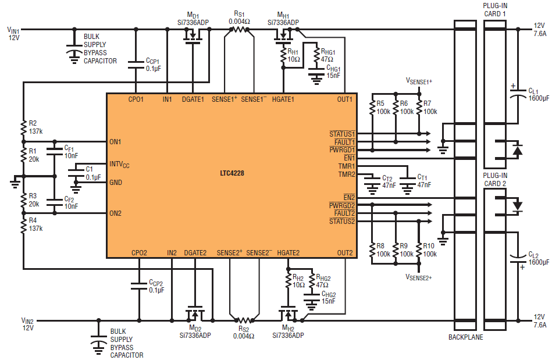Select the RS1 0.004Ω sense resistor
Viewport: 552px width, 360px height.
(239, 29)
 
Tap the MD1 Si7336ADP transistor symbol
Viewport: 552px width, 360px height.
(192, 37)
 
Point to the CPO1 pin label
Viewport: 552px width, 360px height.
(136, 99)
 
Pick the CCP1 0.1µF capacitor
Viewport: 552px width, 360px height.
(136, 65)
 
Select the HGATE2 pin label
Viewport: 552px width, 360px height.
(289, 252)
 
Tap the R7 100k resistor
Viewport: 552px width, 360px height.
(418, 107)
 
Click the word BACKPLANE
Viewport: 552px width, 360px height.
(466, 337)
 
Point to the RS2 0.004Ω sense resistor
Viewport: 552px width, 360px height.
(244, 320)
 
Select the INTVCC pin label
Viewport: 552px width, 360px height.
(120, 165)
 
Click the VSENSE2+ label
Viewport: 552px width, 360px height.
(419, 277)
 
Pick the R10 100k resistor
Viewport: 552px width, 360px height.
(419, 250)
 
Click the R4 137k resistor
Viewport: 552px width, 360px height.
(23, 224)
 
